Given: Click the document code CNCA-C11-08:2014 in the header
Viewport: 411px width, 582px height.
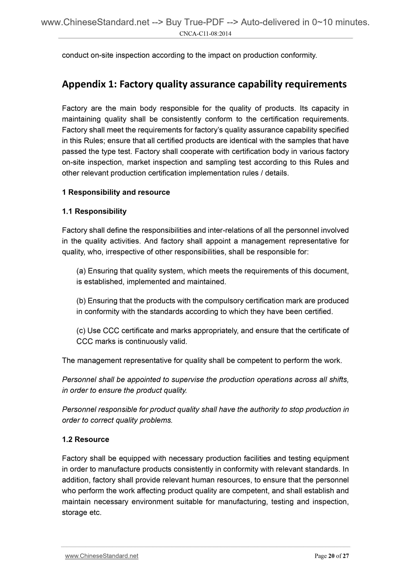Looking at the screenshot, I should (x=205, y=33).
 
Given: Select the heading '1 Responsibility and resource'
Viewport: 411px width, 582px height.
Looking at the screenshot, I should (x=116, y=192).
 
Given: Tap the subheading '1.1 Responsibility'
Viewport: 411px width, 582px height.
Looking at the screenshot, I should (x=94, y=211).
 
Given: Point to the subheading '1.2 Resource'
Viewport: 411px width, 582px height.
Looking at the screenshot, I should (x=85, y=439).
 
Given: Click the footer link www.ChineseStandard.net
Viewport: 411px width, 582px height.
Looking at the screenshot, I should (x=102, y=556).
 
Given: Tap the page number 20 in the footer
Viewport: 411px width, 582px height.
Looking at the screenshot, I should (x=331, y=556).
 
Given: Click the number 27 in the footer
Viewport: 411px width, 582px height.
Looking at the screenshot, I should (x=346, y=556).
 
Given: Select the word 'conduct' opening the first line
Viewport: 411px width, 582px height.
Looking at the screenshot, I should (x=75, y=55).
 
